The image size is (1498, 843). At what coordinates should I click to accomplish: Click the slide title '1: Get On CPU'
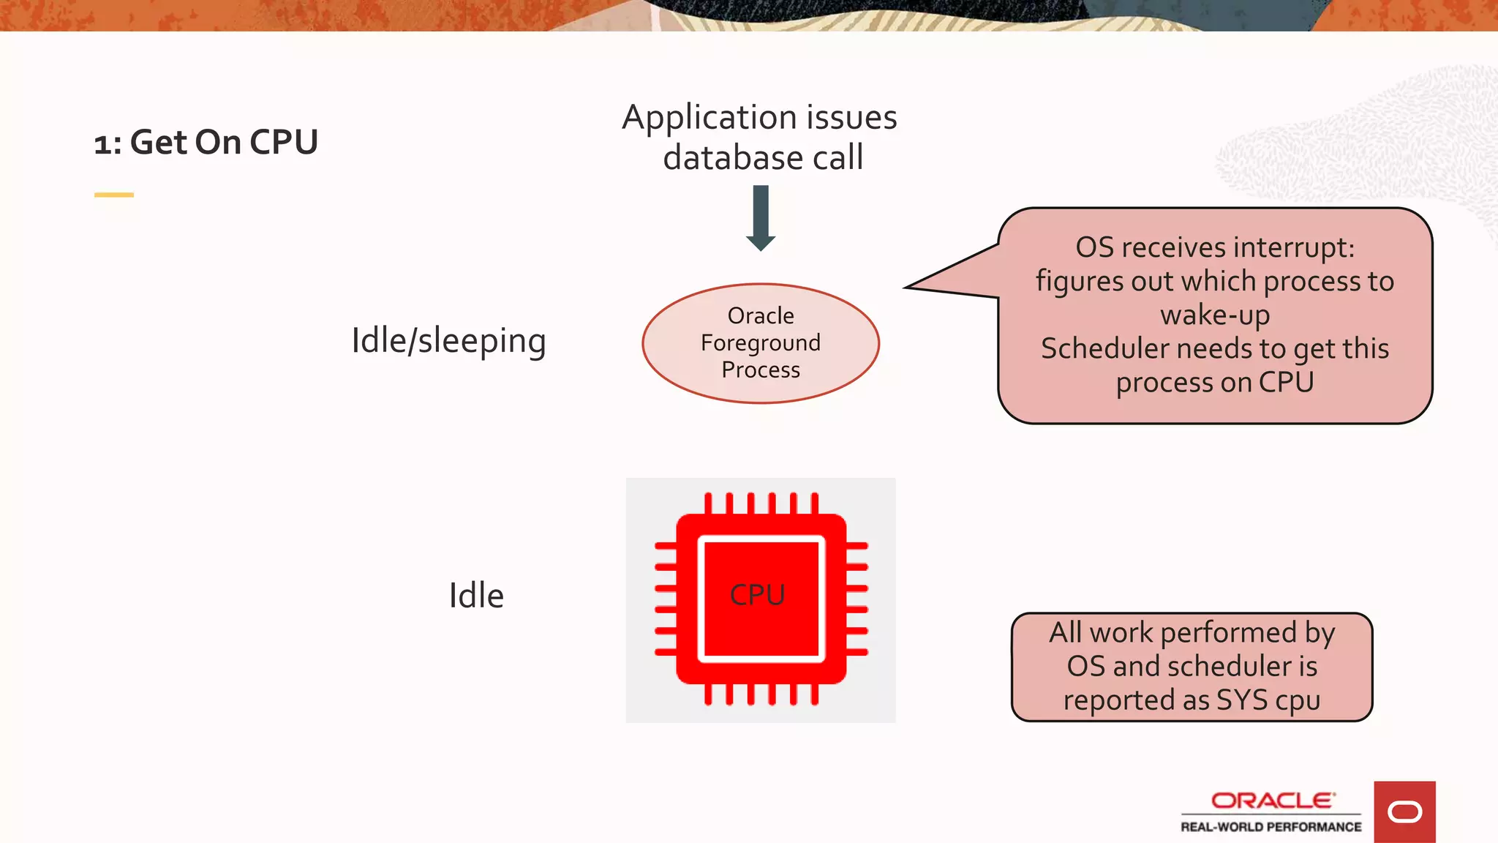click(206, 142)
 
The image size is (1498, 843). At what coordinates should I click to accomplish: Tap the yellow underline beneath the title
click(113, 195)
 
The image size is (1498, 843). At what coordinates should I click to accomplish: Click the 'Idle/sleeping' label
click(448, 341)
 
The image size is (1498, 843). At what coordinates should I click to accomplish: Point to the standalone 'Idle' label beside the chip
click(476, 596)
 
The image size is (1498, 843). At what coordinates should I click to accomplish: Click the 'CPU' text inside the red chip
click(757, 595)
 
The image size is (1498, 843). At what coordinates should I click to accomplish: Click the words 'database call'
click(763, 158)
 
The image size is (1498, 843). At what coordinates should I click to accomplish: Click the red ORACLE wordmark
click(1272, 801)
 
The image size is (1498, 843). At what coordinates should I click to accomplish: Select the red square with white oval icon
click(1404, 812)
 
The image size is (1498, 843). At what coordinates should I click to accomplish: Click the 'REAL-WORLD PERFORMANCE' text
click(1271, 827)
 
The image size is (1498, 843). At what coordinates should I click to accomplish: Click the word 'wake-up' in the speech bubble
click(1215, 315)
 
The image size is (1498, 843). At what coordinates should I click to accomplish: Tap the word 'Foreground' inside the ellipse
click(761, 342)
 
